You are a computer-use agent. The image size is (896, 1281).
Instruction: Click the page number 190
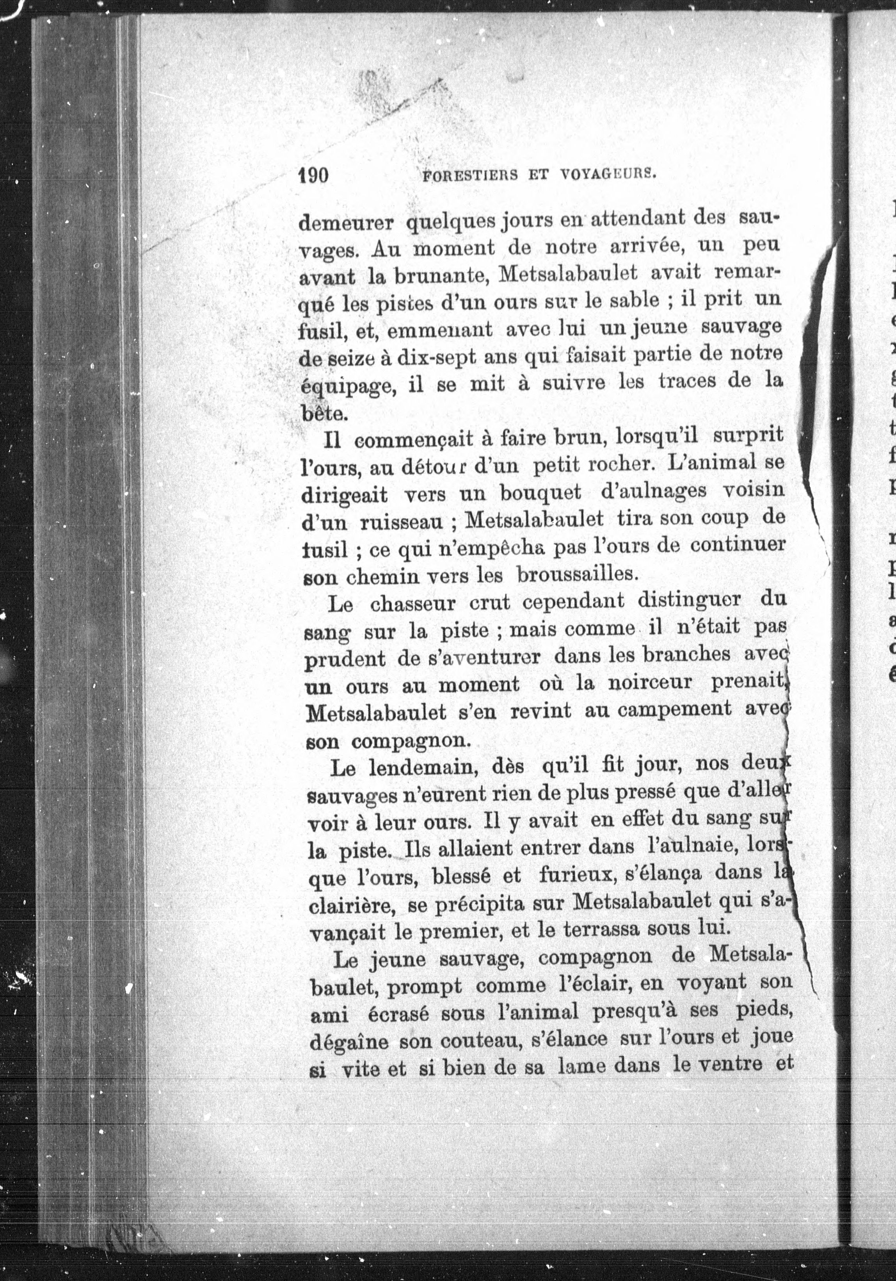pos(313,175)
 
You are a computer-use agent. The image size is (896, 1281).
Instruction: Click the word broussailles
pos(576,574)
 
